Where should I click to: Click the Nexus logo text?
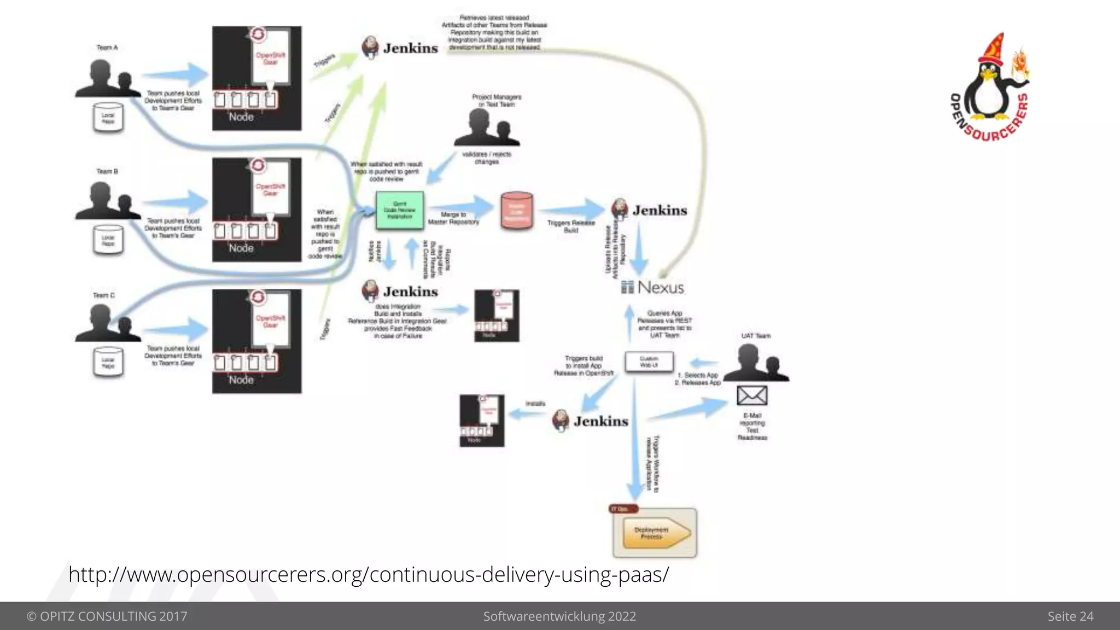pyautogui.click(x=654, y=287)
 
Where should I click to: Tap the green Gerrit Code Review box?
pyautogui.click(x=400, y=211)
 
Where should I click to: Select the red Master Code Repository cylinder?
pyautogui.click(x=516, y=211)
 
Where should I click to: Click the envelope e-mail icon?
pyautogui.click(x=752, y=395)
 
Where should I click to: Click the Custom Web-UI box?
pyautogui.click(x=649, y=361)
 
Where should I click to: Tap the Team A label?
pyautogui.click(x=107, y=48)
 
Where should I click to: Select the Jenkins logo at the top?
pyautogui.click(x=400, y=48)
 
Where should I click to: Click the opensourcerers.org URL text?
pyautogui.click(x=368, y=575)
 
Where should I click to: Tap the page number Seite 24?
pyautogui.click(x=1070, y=616)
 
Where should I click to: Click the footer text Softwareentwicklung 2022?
pyautogui.click(x=559, y=616)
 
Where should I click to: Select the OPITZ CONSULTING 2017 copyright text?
pyautogui.click(x=107, y=616)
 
